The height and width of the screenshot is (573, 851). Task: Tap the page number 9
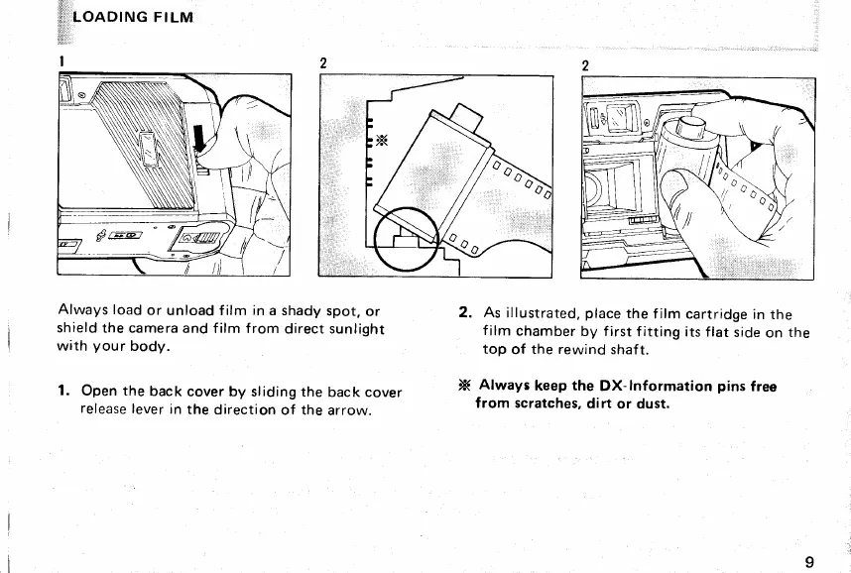810,562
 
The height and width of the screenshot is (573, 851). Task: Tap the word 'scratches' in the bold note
548,403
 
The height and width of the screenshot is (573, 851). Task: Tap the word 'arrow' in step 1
346,408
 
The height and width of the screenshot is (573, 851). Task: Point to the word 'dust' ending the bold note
653,403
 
